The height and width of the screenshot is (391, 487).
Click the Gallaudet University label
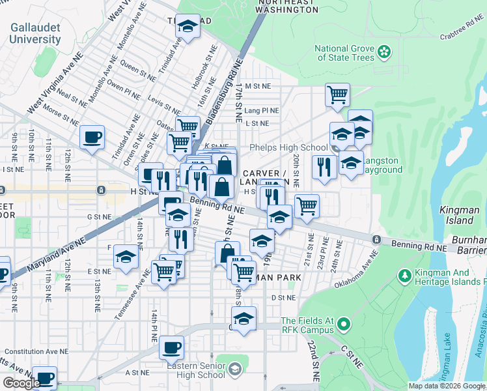pyautogui.click(x=36, y=34)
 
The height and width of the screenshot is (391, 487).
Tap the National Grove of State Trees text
pyautogui.click(x=344, y=53)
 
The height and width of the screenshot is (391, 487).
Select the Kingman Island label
pyautogui.click(x=459, y=214)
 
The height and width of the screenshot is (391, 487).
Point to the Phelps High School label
pyautogui.click(x=288, y=147)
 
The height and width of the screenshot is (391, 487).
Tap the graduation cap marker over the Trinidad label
pyautogui.click(x=188, y=27)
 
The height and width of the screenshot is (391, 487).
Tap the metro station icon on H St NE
pyautogui.click(x=101, y=190)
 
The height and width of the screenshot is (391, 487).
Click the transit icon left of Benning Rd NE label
pyautogui.click(x=376, y=240)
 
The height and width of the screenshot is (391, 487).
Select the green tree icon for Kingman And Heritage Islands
pyautogui.click(x=404, y=277)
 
